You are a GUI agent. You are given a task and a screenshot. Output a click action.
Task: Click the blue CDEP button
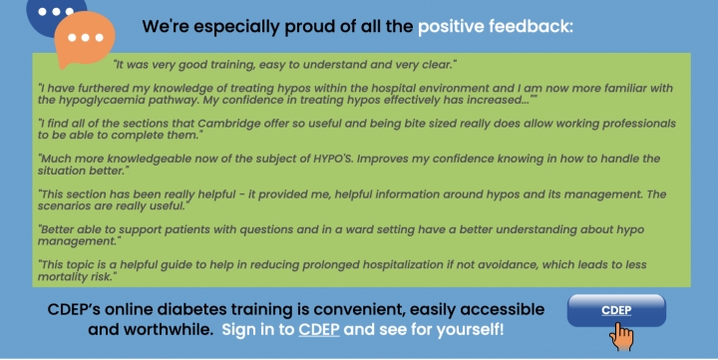click(616, 310)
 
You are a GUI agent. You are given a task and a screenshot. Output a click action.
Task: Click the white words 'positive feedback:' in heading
click(495, 26)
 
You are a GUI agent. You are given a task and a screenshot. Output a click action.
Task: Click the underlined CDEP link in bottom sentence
click(319, 328)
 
